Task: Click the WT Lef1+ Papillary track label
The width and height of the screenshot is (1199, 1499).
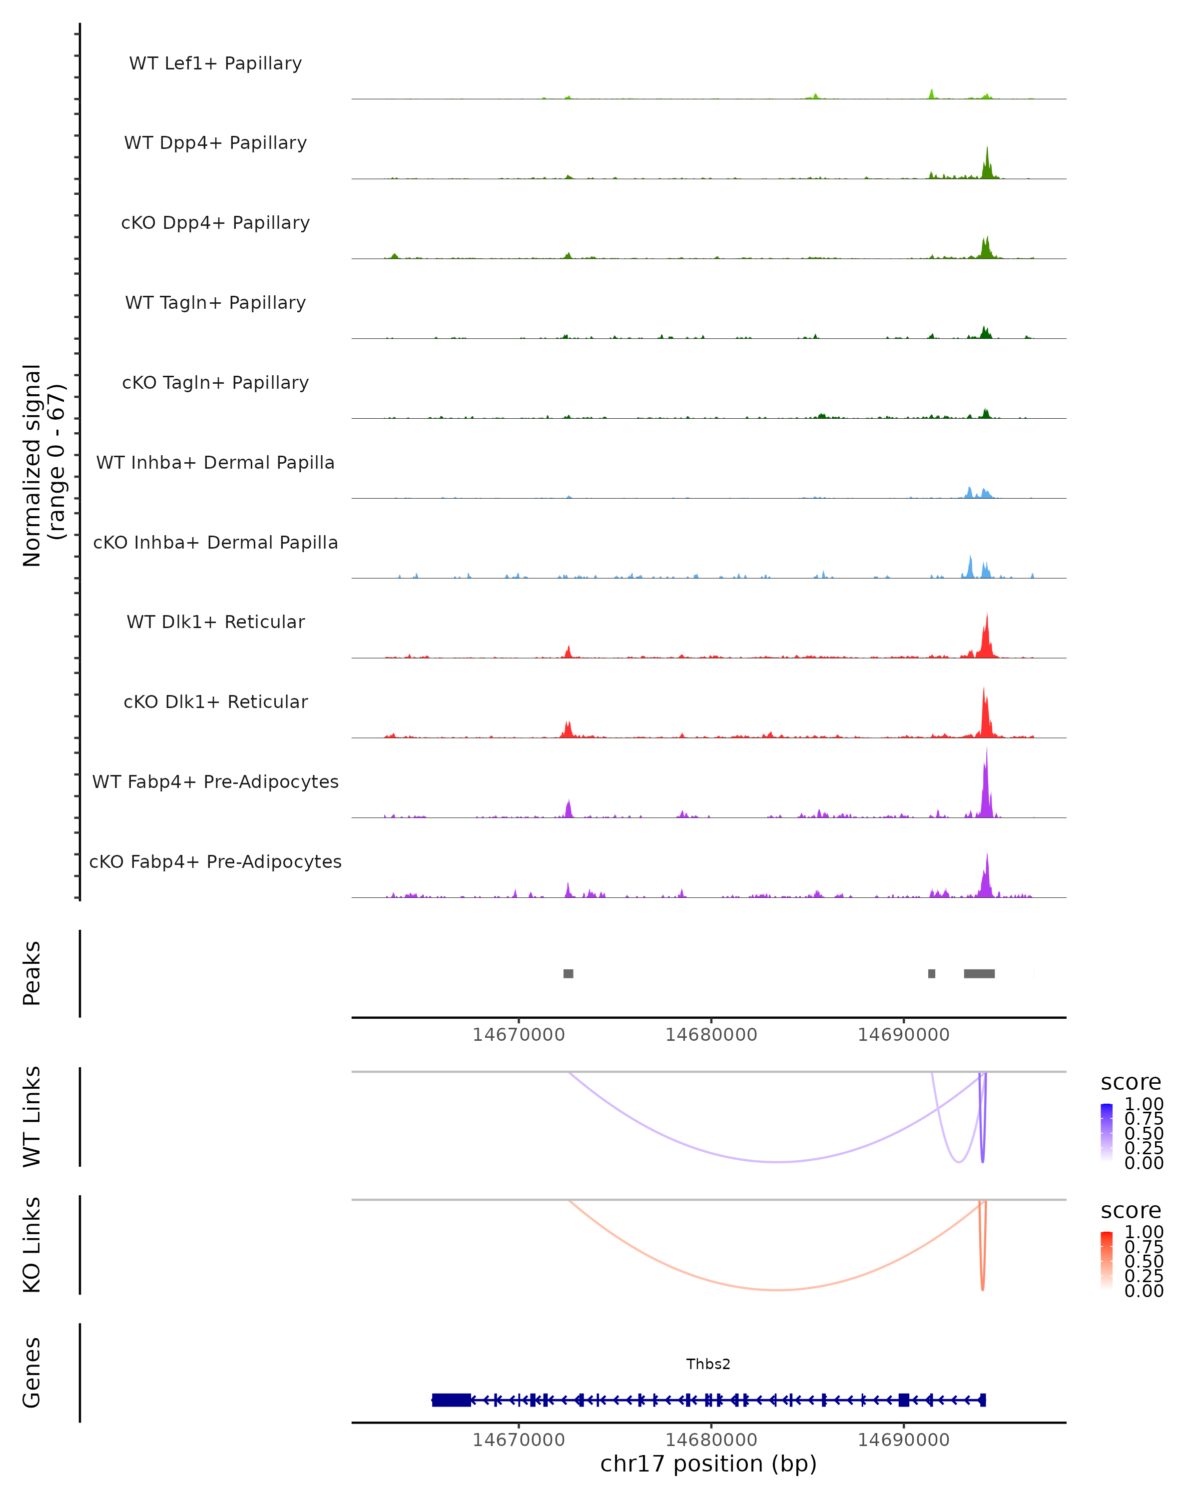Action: [x=215, y=63]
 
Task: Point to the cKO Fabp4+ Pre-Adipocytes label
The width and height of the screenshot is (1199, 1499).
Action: [x=215, y=861]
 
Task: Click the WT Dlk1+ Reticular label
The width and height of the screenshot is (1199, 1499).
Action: [x=215, y=622]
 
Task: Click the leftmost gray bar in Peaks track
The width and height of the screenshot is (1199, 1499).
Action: [x=568, y=973]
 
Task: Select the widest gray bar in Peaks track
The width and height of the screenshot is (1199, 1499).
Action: [x=979, y=973]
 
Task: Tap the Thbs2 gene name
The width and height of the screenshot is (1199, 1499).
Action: [x=708, y=1364]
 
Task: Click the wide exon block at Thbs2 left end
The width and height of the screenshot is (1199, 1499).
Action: [x=451, y=1400]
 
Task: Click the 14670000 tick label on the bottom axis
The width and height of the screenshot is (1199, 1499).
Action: [x=519, y=1440]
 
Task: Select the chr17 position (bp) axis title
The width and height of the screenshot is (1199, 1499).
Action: [x=708, y=1464]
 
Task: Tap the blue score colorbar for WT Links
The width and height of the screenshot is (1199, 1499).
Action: [x=1107, y=1133]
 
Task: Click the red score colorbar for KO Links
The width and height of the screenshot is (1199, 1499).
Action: [x=1107, y=1261]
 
